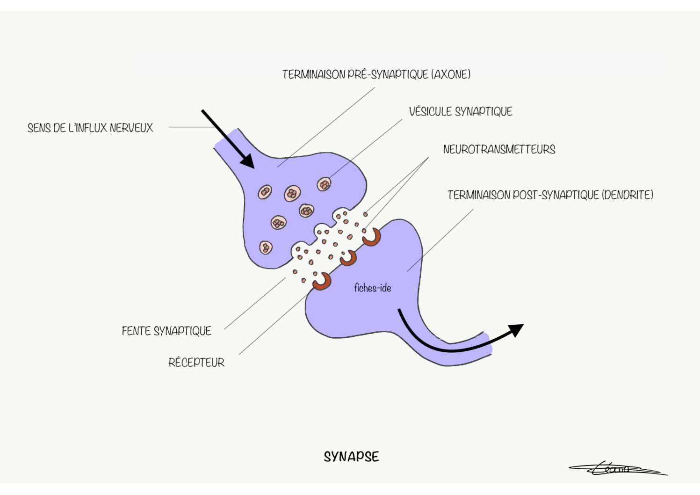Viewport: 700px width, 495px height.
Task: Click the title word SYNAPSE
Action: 351,457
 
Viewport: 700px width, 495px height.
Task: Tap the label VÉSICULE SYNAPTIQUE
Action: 461,112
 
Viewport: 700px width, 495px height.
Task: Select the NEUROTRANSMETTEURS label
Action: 499,149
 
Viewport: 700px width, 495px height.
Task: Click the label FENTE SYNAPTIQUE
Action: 166,331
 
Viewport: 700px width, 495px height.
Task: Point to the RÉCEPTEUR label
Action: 196,363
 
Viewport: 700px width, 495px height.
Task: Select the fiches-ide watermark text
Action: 373,288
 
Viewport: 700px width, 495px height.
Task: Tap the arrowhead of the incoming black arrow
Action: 248,161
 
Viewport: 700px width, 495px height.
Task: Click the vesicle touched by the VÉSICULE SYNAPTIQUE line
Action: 324,184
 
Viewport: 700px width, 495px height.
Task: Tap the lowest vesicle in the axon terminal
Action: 266,247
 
